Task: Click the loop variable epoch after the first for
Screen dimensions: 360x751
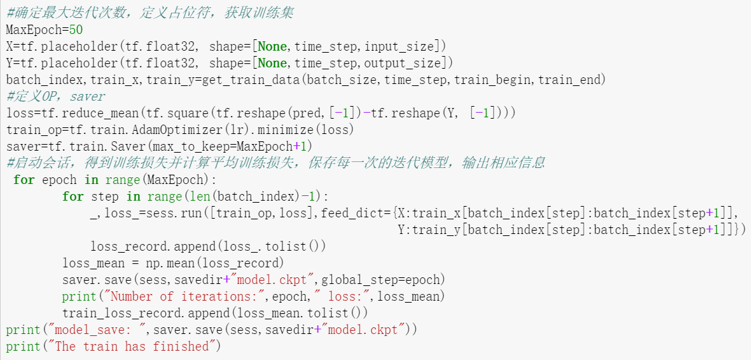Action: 59,180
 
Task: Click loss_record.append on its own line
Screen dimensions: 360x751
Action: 152,247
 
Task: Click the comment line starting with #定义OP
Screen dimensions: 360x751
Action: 55,97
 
